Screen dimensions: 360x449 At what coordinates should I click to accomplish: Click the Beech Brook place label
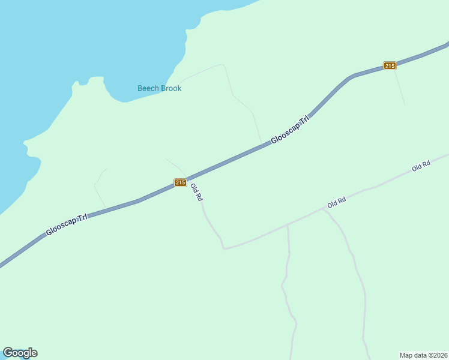click(x=159, y=88)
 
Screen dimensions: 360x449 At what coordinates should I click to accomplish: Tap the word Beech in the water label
click(x=148, y=88)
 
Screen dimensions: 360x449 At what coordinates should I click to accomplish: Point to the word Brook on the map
click(x=170, y=88)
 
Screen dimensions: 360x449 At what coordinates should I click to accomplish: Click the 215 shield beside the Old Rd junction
click(x=180, y=182)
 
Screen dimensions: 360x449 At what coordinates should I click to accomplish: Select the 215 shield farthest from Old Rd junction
click(x=390, y=65)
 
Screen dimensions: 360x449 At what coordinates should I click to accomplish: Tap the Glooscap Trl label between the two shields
click(x=290, y=129)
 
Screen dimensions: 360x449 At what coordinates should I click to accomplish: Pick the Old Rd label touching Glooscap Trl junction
click(x=196, y=192)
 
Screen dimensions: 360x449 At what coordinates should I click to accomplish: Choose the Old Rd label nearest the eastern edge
click(x=421, y=166)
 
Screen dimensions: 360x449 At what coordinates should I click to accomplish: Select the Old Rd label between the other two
click(x=337, y=203)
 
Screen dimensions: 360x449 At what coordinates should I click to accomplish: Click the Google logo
click(x=20, y=353)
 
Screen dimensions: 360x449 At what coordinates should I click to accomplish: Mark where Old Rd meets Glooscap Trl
click(x=187, y=178)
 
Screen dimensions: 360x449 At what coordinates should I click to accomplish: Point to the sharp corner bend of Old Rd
click(x=224, y=247)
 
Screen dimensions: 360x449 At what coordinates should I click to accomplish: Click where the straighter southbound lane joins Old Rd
click(x=288, y=225)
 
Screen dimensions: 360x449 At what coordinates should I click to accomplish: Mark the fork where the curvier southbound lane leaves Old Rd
click(x=323, y=210)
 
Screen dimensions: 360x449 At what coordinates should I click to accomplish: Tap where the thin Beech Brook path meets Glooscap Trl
click(x=262, y=146)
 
